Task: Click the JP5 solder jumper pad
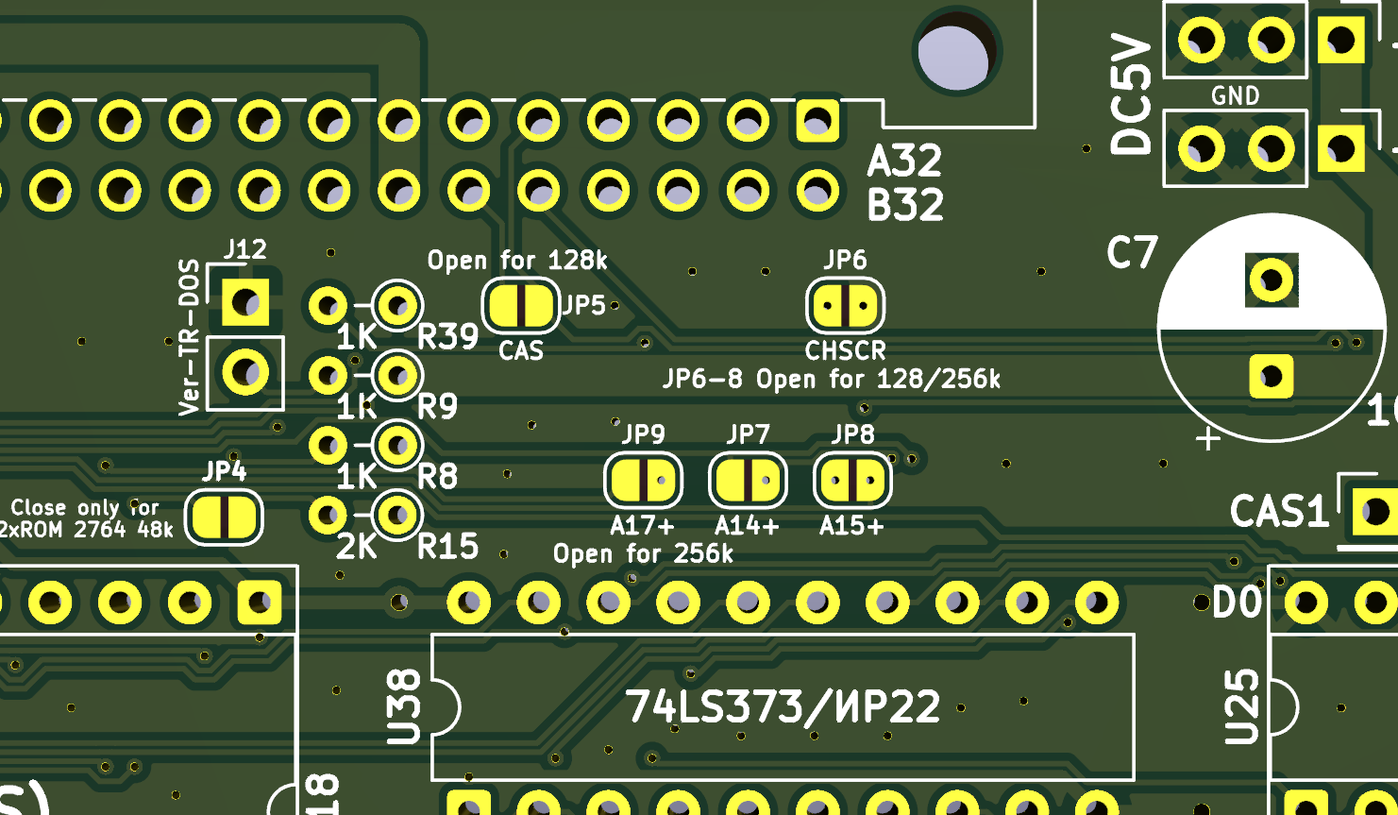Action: (520, 305)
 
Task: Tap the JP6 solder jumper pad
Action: (845, 305)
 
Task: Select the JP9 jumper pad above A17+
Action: (643, 480)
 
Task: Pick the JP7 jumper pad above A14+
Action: (748, 480)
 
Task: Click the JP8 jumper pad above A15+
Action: (852, 480)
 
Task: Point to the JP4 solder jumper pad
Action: (224, 517)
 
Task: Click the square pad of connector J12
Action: (245, 303)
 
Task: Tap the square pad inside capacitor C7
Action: (1272, 377)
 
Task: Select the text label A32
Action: (904, 161)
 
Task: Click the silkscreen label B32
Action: (904, 205)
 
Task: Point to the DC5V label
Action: (1131, 94)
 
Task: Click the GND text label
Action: (1235, 95)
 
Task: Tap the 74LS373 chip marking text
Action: (783, 706)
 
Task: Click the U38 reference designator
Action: (404, 705)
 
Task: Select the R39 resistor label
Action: (447, 336)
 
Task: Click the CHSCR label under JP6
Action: (845, 350)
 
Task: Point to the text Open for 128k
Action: (517, 260)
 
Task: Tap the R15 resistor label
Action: (447, 546)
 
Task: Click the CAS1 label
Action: (1279, 512)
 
